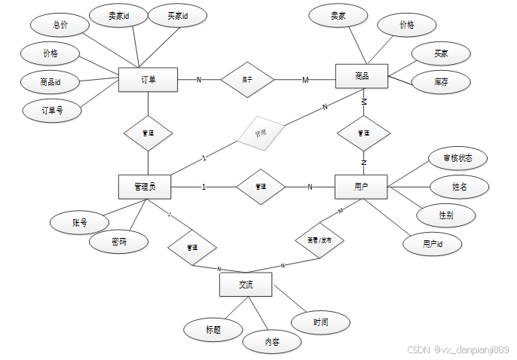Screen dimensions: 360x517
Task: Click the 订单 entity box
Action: (148, 80)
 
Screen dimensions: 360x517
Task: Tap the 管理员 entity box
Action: (145, 186)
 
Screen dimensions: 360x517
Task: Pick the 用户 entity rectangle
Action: (361, 187)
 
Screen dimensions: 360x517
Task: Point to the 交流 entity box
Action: (246, 285)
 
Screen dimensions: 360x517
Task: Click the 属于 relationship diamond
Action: (246, 79)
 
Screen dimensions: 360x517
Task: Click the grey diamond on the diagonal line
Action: (261, 134)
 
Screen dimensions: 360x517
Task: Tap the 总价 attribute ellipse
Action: (60, 25)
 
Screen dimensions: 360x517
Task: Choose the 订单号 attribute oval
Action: (52, 110)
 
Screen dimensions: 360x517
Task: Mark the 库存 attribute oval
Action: (441, 81)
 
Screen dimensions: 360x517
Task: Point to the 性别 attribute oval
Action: (446, 214)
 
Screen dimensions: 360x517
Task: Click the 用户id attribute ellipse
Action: (432, 243)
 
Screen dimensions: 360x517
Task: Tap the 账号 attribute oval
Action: (80, 222)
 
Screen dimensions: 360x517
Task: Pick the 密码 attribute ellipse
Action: (118, 243)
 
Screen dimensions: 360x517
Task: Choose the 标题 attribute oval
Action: (213, 329)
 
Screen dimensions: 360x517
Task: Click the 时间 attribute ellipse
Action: (320, 322)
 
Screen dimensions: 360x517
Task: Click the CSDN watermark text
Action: (458, 349)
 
